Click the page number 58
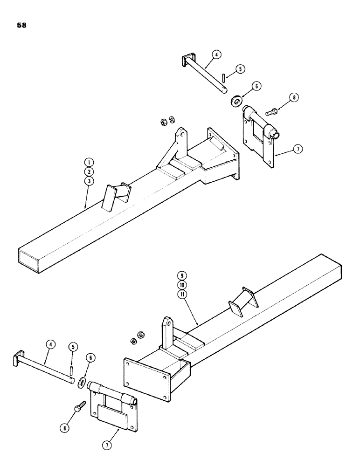pyautogui.click(x=21, y=25)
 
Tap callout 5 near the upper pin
pyautogui.click(x=239, y=69)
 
